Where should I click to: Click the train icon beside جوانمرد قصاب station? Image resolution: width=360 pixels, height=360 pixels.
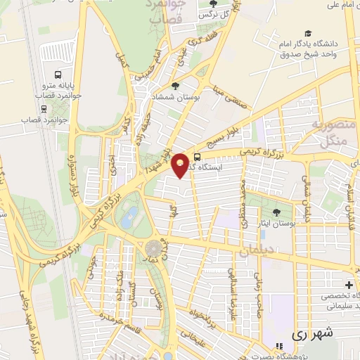[44, 108]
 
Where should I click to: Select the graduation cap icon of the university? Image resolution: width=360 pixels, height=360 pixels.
[307, 33]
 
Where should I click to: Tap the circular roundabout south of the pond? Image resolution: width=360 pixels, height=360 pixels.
[153, 247]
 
